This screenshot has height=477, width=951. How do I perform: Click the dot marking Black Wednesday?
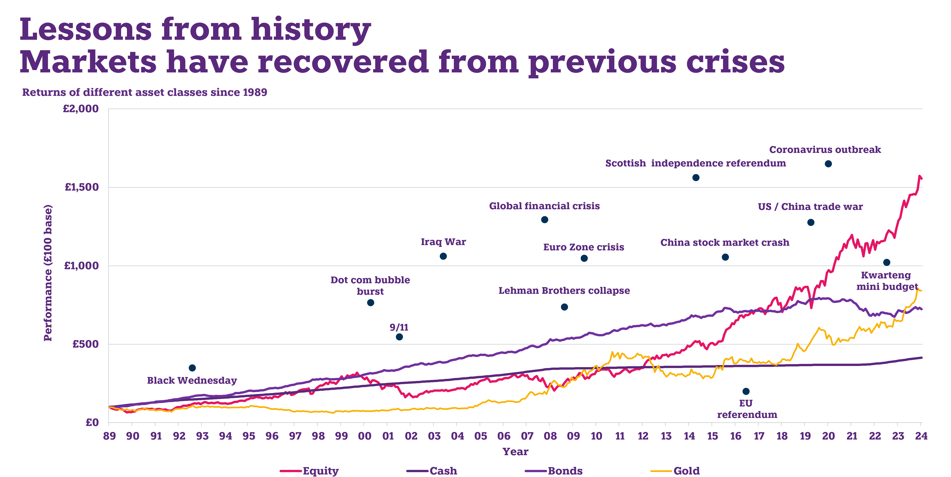192,368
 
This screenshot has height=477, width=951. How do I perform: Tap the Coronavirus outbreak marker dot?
828,163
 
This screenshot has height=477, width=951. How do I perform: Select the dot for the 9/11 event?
399,337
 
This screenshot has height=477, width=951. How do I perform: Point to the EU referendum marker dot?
746,391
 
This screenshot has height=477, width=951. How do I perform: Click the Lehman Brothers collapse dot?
564,307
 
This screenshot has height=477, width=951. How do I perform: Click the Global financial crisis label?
544,206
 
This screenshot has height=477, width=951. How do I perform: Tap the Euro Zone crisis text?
583,247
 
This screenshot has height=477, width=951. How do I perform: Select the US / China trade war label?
810,207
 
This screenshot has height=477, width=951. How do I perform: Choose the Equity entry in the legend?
320,471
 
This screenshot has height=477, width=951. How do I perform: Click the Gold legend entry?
686,471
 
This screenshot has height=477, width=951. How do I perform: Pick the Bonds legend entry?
565,471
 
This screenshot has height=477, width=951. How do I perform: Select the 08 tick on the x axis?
550,436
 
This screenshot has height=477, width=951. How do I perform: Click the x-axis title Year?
515,451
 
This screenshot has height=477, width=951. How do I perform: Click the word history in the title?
311,29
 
